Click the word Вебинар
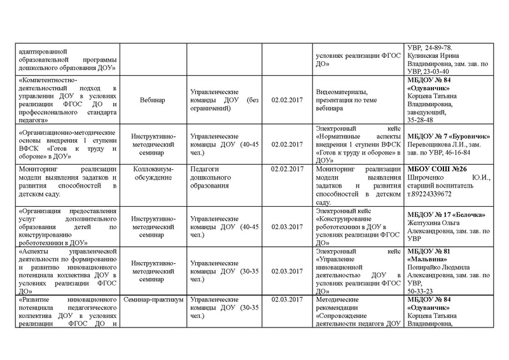click(x=151, y=100)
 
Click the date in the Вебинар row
click(x=284, y=100)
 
